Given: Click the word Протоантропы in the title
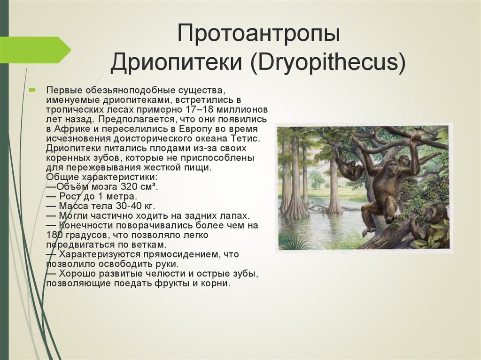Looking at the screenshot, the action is pos(259,33).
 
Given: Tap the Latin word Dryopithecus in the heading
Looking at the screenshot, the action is pos(327,62).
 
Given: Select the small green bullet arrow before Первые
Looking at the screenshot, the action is pos(32,90).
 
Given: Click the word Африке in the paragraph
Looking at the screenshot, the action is pos(73,129).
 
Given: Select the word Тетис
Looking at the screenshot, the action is pos(246,138).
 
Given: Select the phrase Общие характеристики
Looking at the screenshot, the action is pos(102,177).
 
